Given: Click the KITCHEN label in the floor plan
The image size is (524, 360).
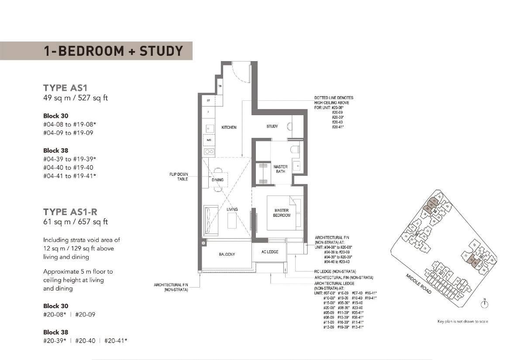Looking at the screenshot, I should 229,127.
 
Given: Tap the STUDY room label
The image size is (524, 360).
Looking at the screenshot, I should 272,127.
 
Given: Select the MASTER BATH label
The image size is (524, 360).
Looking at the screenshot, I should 280,169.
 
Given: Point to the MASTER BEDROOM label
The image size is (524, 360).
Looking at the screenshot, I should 281,213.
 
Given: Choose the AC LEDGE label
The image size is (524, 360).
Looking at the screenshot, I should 270,252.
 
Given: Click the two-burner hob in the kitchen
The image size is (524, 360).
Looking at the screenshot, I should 209,152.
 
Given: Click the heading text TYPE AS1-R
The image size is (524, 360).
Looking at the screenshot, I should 70,212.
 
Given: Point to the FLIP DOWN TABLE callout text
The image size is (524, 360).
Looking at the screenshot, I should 179,177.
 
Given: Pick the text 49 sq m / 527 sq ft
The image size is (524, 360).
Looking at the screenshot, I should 76,98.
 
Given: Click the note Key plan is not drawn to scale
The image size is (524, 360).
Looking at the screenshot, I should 463,322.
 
